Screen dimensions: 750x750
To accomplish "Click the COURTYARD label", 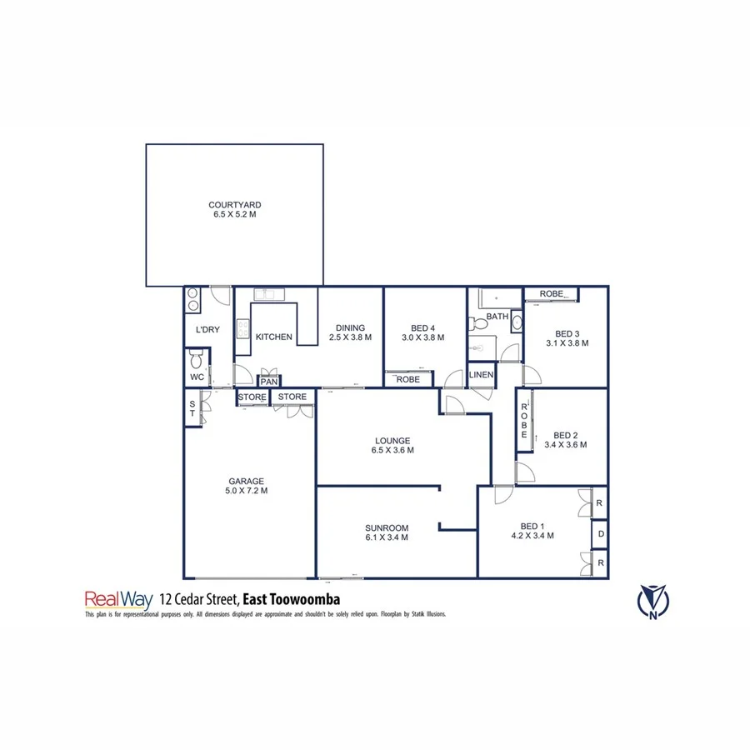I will click(x=235, y=205).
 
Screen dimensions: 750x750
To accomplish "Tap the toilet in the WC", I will click(x=197, y=359).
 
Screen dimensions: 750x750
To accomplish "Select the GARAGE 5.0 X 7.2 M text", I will click(x=247, y=486).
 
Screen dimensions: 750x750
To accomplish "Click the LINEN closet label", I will click(x=482, y=375).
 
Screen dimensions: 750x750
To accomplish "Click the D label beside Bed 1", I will click(x=600, y=532).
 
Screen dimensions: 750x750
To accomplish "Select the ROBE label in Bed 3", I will click(x=552, y=294).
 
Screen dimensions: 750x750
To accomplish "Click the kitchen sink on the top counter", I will click(x=268, y=293).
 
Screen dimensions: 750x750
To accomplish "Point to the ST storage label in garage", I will click(x=192, y=408).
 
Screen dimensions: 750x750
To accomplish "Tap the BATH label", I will click(x=497, y=317).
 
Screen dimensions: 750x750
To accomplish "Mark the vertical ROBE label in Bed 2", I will click(x=524, y=421).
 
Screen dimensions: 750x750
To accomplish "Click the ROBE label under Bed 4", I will click(x=407, y=379).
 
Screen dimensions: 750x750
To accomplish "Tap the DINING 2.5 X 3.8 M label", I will click(x=350, y=332).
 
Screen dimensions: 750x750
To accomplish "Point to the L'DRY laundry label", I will click(x=207, y=330).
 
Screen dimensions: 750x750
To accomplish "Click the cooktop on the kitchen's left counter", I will click(x=242, y=330).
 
